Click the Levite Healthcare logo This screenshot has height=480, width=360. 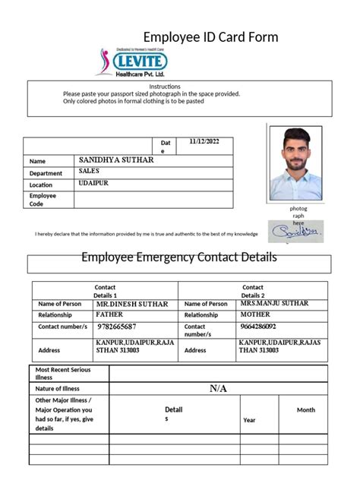[134, 62]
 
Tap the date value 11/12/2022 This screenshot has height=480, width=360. [203, 141]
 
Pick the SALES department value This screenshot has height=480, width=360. [89, 172]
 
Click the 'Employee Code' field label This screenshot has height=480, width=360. [43, 200]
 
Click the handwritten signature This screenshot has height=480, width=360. [295, 232]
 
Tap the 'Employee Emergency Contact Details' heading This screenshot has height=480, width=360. [179, 257]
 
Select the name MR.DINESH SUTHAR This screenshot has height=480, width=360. [131, 304]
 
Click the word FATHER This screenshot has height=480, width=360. [109, 314]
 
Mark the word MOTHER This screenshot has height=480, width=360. [254, 314]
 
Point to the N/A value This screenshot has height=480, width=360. [219, 389]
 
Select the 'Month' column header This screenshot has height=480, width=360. [306, 409]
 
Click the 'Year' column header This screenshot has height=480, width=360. [249, 419]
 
